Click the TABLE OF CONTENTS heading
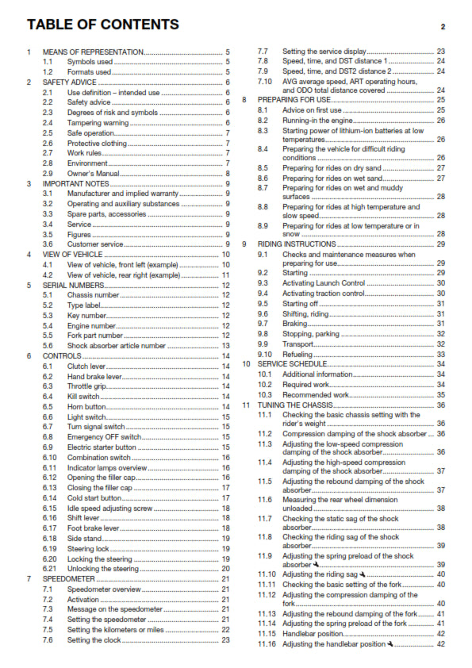coord(103,25)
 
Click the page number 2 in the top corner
coord(443,27)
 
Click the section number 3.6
coord(48,244)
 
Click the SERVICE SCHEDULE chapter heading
coord(291,364)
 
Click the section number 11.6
coord(265,500)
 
